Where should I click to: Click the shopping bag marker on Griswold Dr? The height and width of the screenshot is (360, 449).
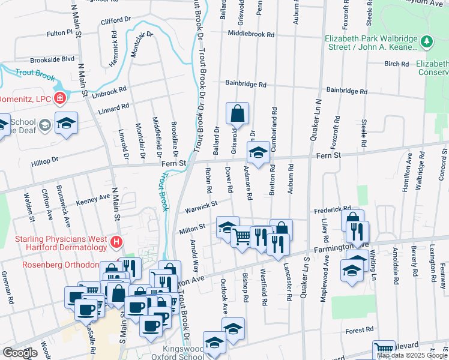[x=238, y=114]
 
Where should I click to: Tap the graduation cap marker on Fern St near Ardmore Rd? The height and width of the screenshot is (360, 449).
[x=259, y=154]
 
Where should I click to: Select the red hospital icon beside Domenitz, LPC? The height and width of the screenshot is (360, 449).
[x=60, y=98]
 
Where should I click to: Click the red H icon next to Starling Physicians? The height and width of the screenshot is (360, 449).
[x=116, y=243]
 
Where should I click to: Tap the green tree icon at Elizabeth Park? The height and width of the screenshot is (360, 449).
[x=427, y=41]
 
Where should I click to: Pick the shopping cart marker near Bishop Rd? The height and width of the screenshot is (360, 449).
[x=241, y=237]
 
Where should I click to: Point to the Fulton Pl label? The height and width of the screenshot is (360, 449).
[x=59, y=32]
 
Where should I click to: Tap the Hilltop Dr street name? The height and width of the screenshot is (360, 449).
[x=45, y=160]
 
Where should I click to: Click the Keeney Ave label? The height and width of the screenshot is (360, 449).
[x=92, y=197]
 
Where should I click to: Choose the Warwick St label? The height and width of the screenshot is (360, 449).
[x=201, y=206]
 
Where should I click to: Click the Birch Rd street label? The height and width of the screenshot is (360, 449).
[x=396, y=63]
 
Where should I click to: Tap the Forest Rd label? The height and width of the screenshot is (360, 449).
[x=360, y=329]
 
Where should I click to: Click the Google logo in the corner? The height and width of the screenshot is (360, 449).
[x=20, y=353]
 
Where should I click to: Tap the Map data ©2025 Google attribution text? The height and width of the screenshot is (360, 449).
[x=411, y=355]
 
